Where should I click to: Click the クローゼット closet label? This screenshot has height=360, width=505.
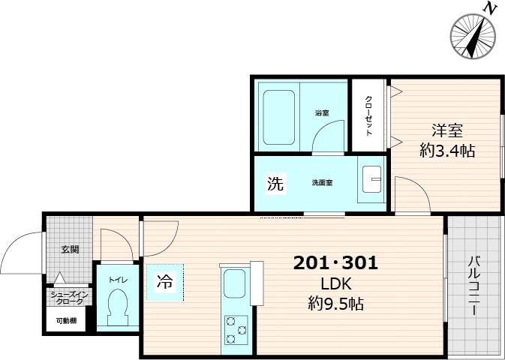[x=369, y=115]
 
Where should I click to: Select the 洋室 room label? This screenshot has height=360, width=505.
[x=446, y=130]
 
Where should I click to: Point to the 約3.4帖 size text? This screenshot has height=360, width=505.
[x=446, y=150]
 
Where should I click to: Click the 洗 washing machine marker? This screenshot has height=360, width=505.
[x=275, y=183]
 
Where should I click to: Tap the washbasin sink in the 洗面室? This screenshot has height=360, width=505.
[x=372, y=181]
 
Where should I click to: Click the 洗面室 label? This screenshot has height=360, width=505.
[x=323, y=183]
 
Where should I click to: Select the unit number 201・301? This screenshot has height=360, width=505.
[x=335, y=264]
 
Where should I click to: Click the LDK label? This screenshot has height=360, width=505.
[x=335, y=284]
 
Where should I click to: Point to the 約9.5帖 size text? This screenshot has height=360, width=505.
[x=335, y=304]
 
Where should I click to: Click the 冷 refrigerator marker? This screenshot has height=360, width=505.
[x=164, y=282]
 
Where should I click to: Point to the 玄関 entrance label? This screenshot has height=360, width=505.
[x=71, y=249]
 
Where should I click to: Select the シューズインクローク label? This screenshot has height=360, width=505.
[x=69, y=298]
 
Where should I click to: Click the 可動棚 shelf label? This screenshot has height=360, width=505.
[x=65, y=321]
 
